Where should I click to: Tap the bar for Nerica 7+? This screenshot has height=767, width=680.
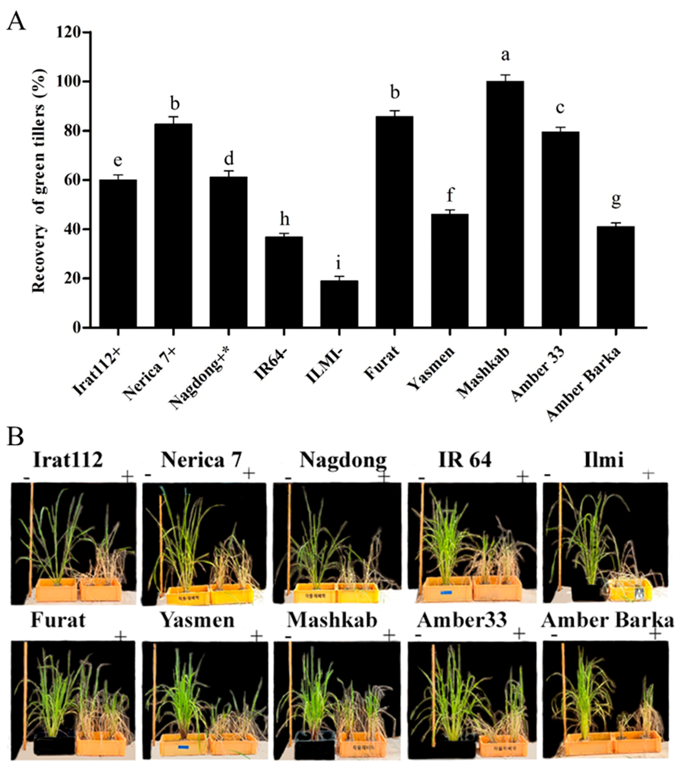[x=173, y=225]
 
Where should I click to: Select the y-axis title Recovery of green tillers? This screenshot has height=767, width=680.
[x=39, y=180]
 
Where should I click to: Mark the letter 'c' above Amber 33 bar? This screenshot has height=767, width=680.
[x=560, y=108]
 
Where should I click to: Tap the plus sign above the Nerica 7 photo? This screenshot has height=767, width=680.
[x=249, y=474]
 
